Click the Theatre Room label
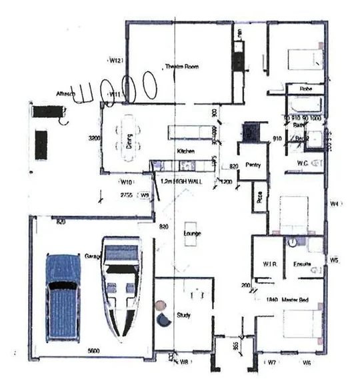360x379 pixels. (182, 67)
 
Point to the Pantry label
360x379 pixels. (252, 165)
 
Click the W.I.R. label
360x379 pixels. (270, 264)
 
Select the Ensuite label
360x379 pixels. (303, 264)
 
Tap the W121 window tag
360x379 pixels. (117, 61)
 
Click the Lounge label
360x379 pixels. (193, 234)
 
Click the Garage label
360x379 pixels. (92, 256)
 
